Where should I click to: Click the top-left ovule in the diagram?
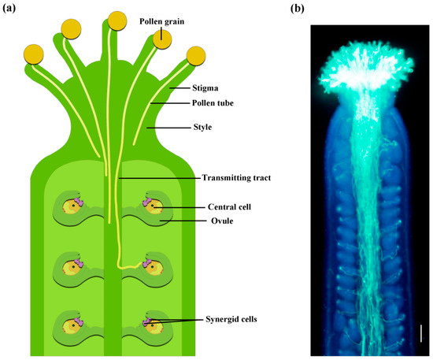pos(76,210)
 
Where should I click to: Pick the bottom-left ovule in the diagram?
pos(76,323)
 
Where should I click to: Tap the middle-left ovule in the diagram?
pos(76,268)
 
